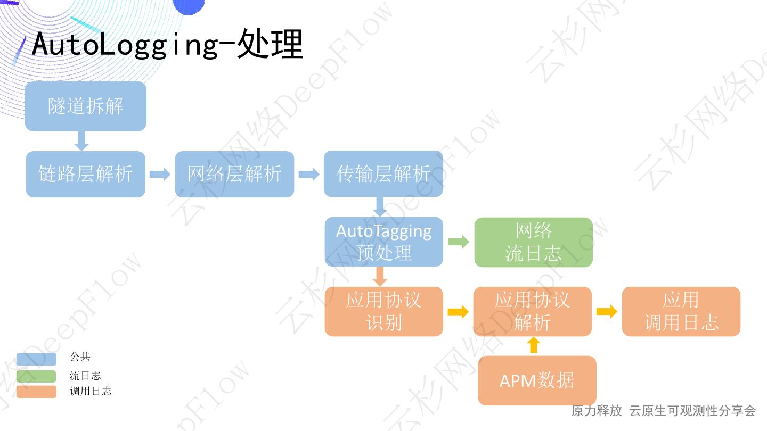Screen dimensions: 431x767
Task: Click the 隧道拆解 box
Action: tap(85, 106)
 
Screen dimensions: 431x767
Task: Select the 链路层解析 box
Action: tap(85, 174)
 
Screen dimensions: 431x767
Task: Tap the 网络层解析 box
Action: tap(234, 174)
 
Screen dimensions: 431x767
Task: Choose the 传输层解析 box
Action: tap(383, 174)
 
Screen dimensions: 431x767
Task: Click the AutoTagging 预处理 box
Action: tap(383, 242)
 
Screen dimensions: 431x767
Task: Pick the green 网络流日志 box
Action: tap(533, 242)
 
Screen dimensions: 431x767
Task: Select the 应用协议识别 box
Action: tap(383, 311)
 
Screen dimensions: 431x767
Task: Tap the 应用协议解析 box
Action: tap(532, 311)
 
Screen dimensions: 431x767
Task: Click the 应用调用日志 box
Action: tap(681, 311)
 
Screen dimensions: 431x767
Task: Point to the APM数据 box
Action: tap(537, 380)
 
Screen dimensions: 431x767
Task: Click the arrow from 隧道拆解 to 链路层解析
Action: tap(81, 141)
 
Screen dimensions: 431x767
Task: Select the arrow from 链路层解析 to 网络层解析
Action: tap(160, 174)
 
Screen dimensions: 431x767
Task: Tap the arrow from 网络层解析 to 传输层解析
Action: tap(309, 174)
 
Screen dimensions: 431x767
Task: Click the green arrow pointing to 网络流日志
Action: tap(459, 242)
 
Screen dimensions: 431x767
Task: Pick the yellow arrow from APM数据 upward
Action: tap(533, 346)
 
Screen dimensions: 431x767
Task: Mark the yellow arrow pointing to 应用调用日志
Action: tap(607, 311)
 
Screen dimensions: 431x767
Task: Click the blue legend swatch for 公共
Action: tap(36, 359)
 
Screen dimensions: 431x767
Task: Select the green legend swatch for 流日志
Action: tap(36, 376)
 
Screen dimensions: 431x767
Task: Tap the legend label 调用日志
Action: tap(91, 392)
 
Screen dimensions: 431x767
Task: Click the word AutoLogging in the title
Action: tap(125, 44)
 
